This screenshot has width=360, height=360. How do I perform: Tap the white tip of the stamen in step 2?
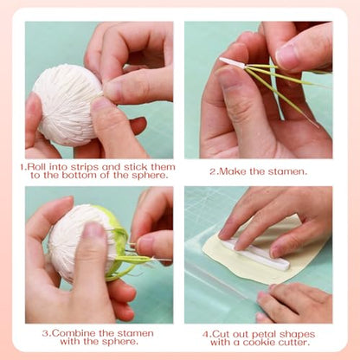pyautogui.click(x=232, y=62)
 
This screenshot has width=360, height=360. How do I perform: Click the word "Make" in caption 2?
pyautogui.click(x=233, y=171)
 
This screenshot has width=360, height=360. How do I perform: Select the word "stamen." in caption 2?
pyautogui.click(x=287, y=171)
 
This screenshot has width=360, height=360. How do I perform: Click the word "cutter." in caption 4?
pyautogui.click(x=294, y=343)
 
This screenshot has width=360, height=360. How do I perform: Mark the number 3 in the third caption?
pyautogui.click(x=45, y=333)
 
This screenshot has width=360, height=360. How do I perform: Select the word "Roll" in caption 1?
pyautogui.click(x=37, y=167)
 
